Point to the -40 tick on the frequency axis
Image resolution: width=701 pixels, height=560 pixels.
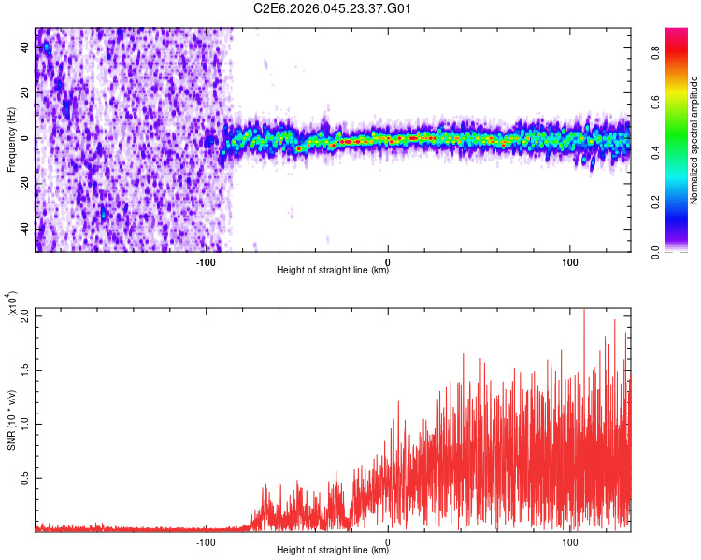click(23, 229)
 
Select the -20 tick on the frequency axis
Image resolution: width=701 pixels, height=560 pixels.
click(23, 184)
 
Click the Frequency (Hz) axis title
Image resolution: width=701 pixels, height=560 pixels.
click(11, 139)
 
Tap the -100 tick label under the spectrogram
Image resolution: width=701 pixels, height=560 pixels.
click(207, 261)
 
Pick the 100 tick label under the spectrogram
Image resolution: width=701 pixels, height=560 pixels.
click(569, 261)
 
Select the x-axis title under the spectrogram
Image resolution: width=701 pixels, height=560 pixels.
click(333, 271)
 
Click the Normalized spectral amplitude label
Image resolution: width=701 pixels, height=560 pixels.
click(693, 139)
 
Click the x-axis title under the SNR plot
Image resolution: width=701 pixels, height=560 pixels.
click(333, 551)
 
